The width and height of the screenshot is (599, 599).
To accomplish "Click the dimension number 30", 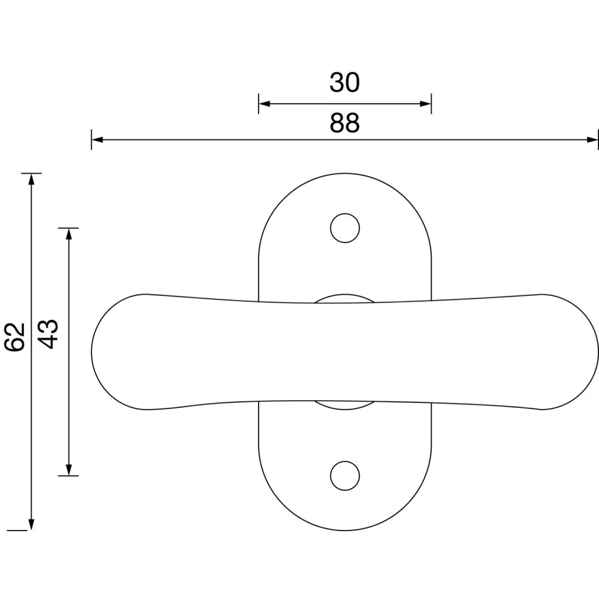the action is pos(345,82).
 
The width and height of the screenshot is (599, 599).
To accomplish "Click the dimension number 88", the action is pos(345,123).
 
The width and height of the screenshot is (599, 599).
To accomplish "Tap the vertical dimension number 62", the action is pos(15,337).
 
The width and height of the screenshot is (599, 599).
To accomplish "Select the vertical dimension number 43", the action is pos(49,334).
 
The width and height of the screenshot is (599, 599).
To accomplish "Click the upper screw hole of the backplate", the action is pos(345,228).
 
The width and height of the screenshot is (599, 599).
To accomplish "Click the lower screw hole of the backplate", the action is pos(345,476).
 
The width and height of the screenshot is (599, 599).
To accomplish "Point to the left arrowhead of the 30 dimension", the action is pos(264,104).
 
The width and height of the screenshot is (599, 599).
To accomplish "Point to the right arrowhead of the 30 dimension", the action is pos(426,104).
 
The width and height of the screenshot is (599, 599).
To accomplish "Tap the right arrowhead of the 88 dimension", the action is pos(592,140).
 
